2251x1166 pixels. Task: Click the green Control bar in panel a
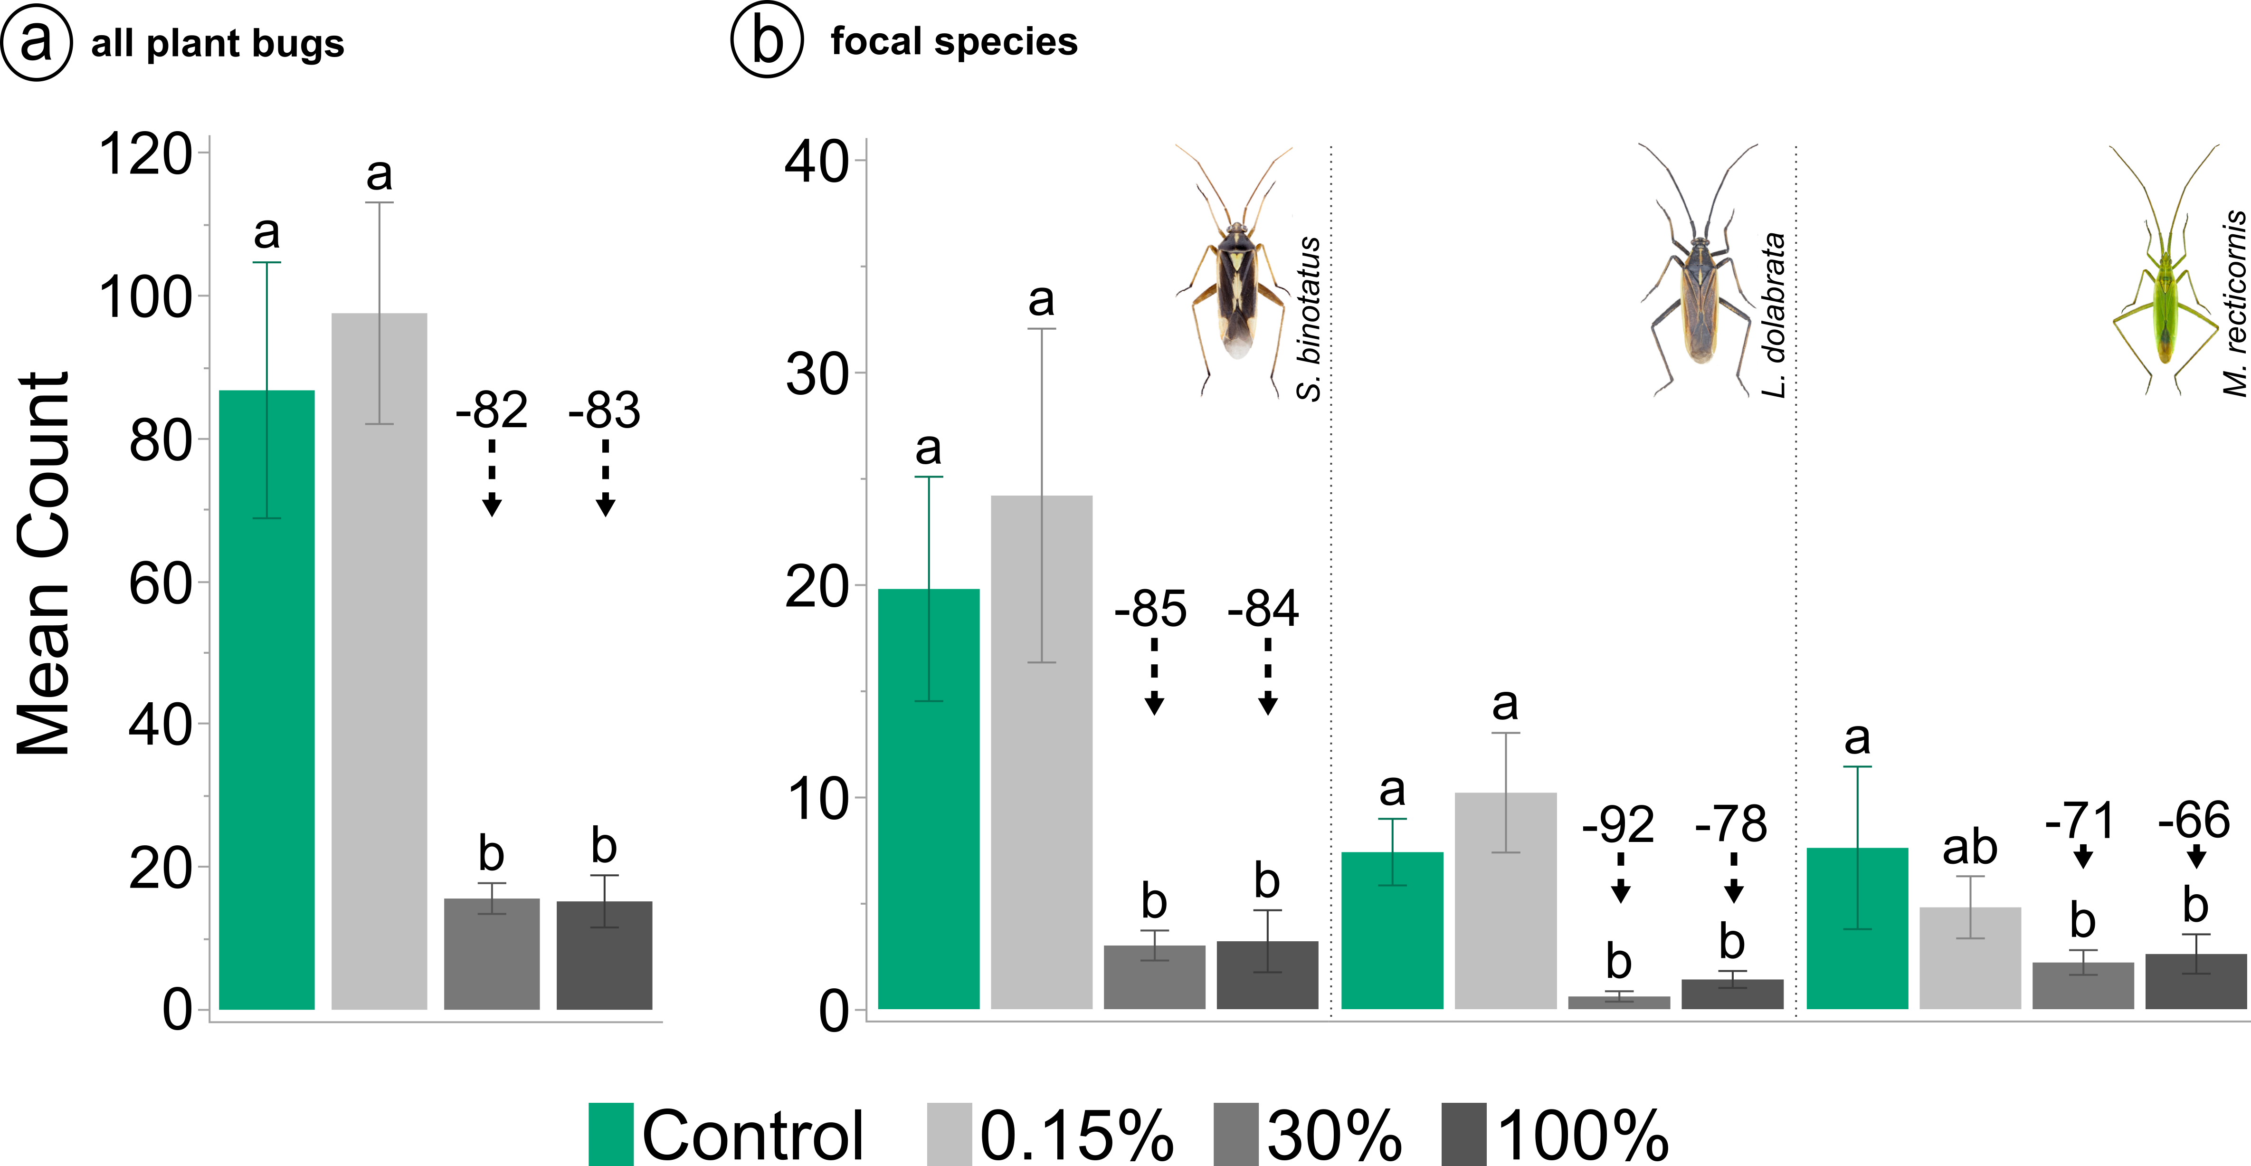coord(266,699)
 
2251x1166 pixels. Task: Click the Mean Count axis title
coord(44,564)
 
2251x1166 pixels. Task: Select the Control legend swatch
coord(611,1134)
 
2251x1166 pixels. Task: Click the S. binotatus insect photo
coord(1235,271)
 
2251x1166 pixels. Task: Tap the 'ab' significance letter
coord(1970,848)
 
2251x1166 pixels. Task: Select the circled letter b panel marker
coord(766,41)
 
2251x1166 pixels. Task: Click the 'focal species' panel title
coord(953,41)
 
